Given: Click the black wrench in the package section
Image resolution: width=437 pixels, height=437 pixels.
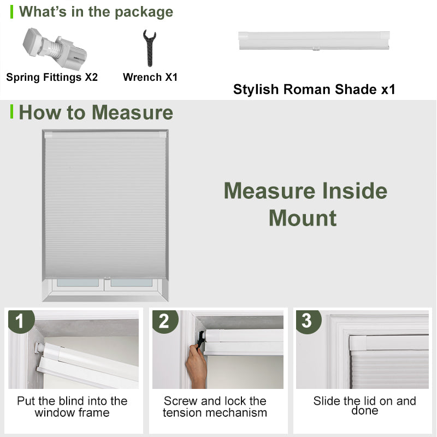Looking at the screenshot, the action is (x=150, y=48).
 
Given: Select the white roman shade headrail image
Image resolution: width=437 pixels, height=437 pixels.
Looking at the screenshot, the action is (x=314, y=40).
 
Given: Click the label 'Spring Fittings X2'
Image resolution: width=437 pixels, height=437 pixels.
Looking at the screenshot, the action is (x=52, y=77).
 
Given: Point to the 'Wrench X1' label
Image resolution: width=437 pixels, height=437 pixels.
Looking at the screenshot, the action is (x=150, y=77).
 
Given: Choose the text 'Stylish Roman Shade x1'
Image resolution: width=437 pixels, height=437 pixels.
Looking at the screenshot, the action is (x=314, y=90).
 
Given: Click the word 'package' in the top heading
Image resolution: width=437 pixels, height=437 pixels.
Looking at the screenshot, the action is (x=144, y=13).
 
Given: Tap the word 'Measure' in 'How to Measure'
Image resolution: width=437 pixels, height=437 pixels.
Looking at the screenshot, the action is (x=132, y=113).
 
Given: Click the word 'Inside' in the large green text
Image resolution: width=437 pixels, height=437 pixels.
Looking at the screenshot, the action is (x=355, y=191).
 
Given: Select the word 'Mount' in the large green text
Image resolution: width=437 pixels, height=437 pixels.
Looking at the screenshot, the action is (x=303, y=218).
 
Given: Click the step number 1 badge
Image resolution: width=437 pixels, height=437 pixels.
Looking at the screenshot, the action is (x=21, y=321).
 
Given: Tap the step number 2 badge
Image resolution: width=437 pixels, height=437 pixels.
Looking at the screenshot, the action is (x=165, y=321).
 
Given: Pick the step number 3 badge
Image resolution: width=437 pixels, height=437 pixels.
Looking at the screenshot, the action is (x=308, y=321).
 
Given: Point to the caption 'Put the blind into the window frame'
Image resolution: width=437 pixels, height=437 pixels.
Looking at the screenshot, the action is (x=72, y=406).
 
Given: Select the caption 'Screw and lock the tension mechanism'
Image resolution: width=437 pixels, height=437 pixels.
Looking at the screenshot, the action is (x=215, y=406).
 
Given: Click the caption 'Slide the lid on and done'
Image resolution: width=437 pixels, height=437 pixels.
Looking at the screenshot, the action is (x=364, y=405).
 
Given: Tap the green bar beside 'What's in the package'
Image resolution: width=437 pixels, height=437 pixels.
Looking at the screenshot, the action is (x=11, y=12).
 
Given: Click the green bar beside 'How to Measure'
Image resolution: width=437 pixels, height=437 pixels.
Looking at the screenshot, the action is (x=11, y=111).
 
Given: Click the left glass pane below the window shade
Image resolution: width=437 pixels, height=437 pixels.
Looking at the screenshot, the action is (x=78, y=282).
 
